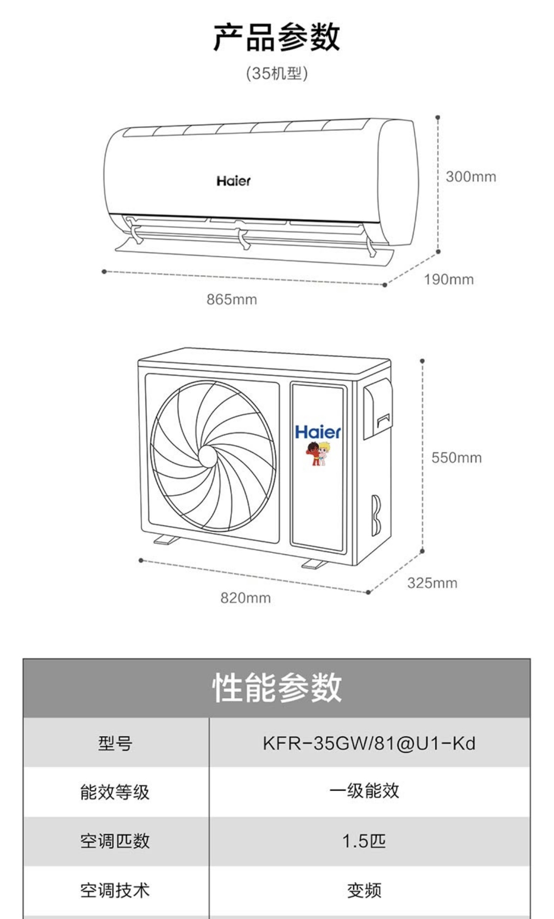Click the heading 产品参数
tap(277, 37)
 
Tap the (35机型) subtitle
tap(277, 74)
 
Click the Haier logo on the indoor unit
tap(233, 181)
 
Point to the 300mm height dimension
tap(471, 177)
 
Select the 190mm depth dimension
tap(448, 279)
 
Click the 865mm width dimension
tap(232, 300)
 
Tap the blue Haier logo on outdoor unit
tap(318, 432)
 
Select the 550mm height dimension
tap(456, 458)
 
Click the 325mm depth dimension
tap(432, 583)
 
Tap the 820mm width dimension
tap(245, 598)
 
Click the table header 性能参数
tap(277, 688)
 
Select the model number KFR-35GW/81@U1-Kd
tap(369, 743)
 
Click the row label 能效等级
tap(115, 792)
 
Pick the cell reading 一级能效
tap(364, 791)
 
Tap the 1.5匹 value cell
tap(364, 841)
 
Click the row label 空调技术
tap(115, 890)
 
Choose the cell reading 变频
tap(364, 891)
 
